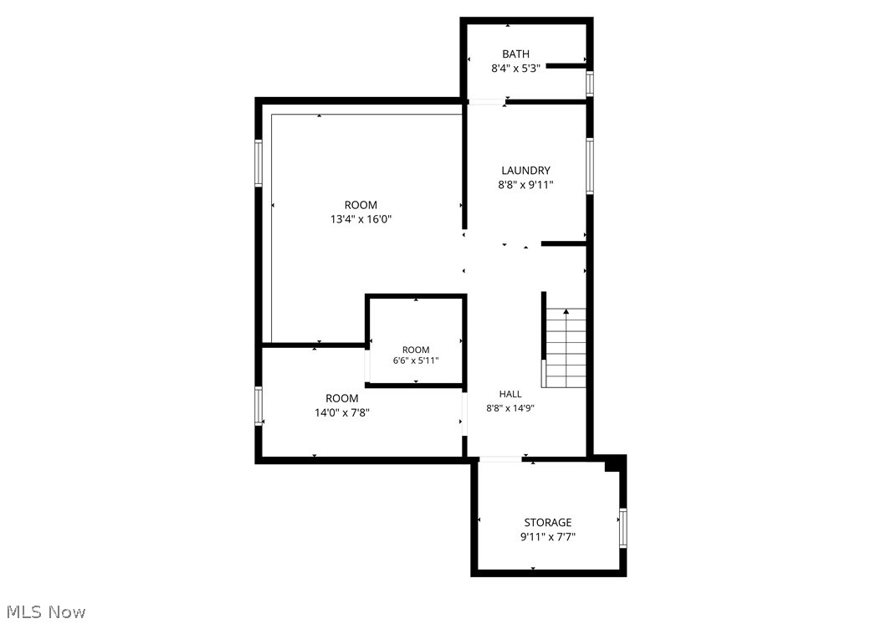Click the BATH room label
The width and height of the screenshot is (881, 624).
point(515,54)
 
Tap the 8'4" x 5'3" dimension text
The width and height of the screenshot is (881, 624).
point(515,69)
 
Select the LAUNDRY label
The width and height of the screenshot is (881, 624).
point(525,170)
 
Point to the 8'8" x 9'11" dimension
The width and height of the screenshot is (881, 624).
point(525,185)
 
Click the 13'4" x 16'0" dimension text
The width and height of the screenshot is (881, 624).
point(361,219)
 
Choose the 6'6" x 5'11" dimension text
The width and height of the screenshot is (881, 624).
point(416,361)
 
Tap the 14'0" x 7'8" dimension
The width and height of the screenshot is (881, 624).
point(341,413)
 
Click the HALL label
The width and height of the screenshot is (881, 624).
point(510,394)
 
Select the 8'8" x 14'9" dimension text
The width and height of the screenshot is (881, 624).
point(510,408)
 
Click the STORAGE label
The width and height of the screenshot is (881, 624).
point(548,522)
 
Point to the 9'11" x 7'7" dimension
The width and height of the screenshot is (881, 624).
point(548,537)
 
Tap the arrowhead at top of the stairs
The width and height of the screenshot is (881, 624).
point(566,310)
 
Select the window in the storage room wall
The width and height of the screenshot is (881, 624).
point(623,528)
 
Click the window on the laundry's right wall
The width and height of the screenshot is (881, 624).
point(590,166)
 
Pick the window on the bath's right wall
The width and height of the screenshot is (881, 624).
point(590,83)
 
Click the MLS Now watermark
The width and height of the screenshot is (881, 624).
point(46,611)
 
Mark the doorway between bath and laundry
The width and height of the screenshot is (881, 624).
point(487,102)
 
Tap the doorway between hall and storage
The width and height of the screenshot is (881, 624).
point(500,459)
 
